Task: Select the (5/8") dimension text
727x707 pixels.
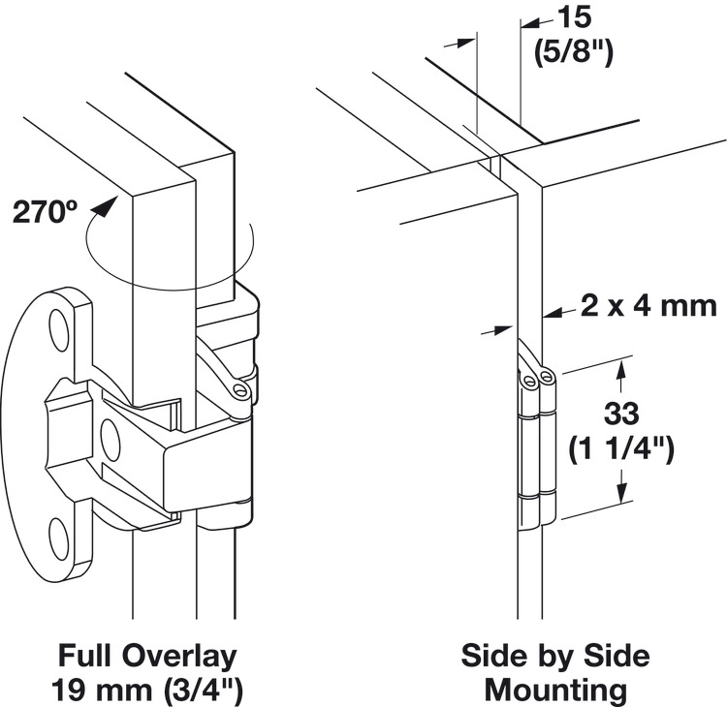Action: pyautogui.click(x=575, y=51)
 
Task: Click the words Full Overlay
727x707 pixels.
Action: pyautogui.click(x=146, y=656)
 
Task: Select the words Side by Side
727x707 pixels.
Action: pyautogui.click(x=554, y=656)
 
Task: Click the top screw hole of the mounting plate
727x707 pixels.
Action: pyautogui.click(x=60, y=330)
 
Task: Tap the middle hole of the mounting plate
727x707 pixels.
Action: pyautogui.click(x=109, y=441)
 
